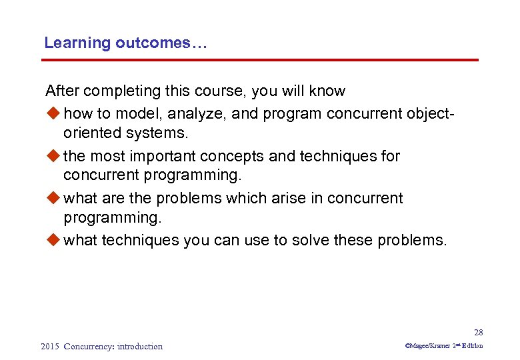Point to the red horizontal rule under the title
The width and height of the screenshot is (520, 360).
pyautogui.click(x=260, y=60)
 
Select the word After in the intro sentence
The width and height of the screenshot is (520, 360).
pyautogui.click(x=61, y=91)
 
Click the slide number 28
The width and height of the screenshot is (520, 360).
pyautogui.click(x=478, y=333)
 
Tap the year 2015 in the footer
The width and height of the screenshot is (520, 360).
pyautogui.click(x=50, y=346)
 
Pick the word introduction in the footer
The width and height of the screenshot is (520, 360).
pyautogui.click(x=139, y=346)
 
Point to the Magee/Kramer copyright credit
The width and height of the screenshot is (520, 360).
pyautogui.click(x=443, y=346)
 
